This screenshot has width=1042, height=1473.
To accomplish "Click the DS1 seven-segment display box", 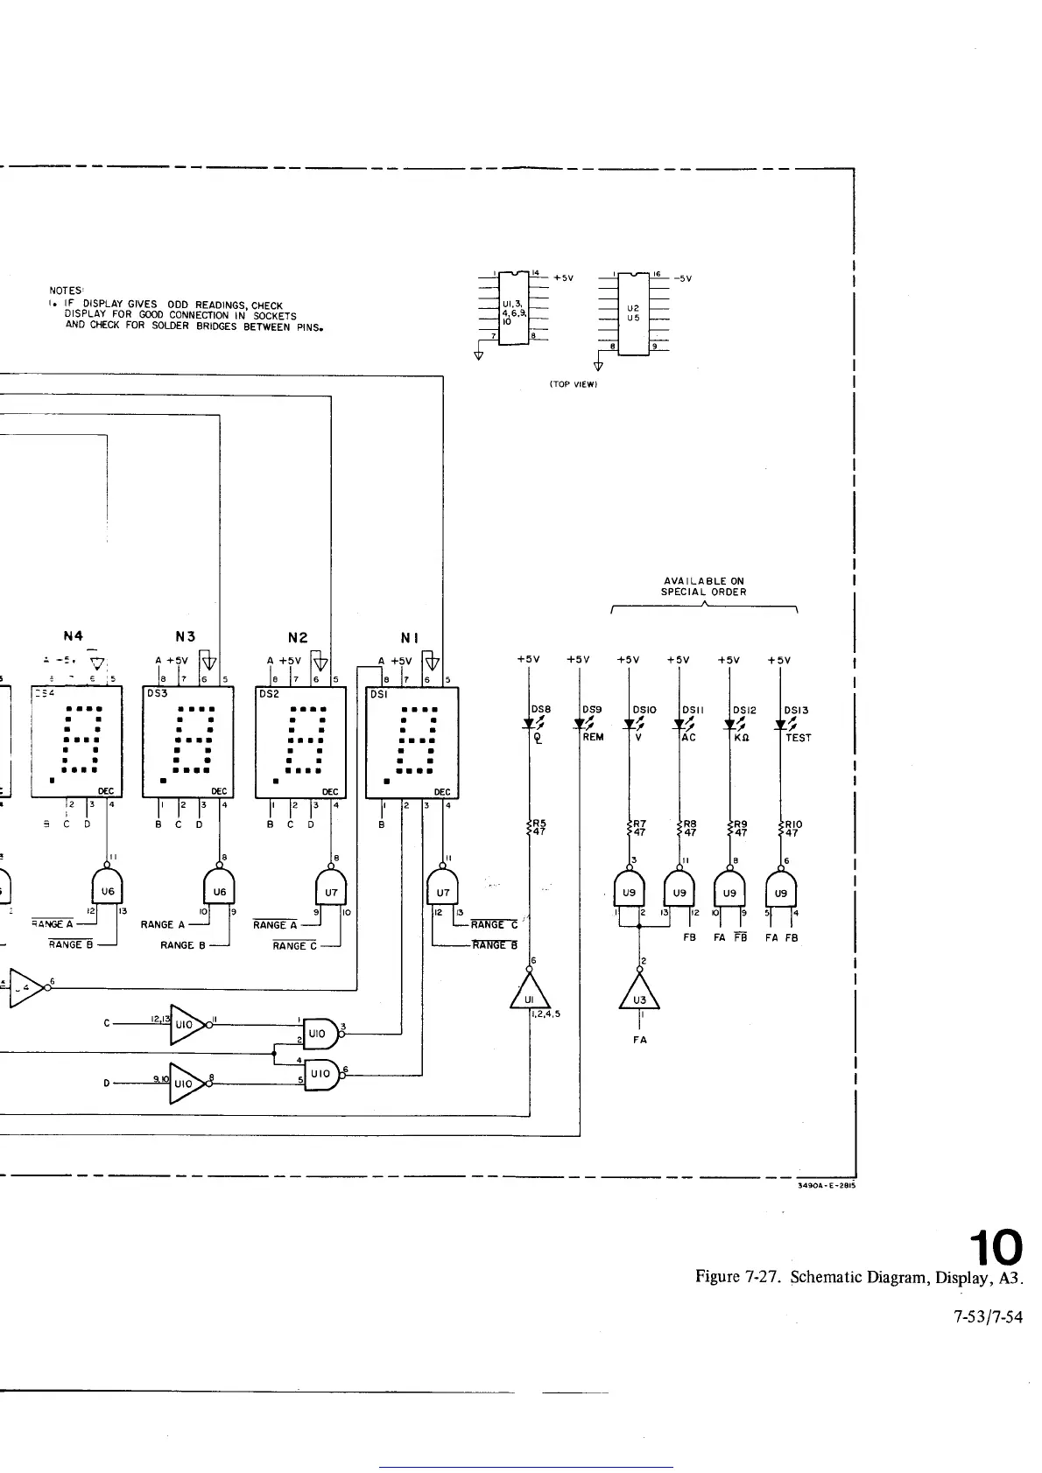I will [x=411, y=742].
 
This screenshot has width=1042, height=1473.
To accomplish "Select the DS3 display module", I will [x=187, y=742].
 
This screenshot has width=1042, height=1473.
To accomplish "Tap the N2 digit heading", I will [x=298, y=638].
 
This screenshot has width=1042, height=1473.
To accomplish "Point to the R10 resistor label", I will [x=792, y=828].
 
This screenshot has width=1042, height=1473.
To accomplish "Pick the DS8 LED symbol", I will [x=530, y=724].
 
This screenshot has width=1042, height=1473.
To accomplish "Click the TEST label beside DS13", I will [x=798, y=738].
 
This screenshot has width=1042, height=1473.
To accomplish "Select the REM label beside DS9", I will [x=593, y=738].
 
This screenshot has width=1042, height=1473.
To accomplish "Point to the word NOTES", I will [x=66, y=291].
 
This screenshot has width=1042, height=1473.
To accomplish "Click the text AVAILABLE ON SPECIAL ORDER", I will [x=703, y=586].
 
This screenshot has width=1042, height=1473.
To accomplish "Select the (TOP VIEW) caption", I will [x=573, y=384].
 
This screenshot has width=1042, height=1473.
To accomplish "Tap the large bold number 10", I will [x=994, y=1244].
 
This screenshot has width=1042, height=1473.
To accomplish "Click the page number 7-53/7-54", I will [x=987, y=1316].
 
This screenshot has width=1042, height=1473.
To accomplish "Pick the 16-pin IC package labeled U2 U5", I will [x=633, y=312].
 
